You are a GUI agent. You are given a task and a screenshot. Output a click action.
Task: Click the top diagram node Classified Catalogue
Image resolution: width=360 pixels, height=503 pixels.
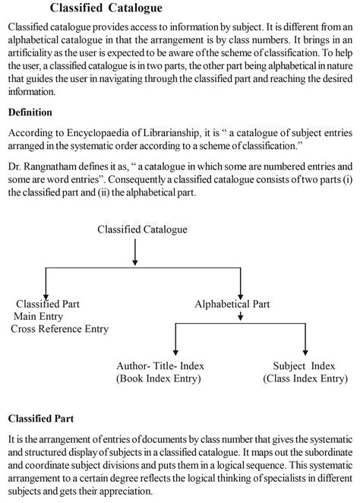[142, 229]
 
